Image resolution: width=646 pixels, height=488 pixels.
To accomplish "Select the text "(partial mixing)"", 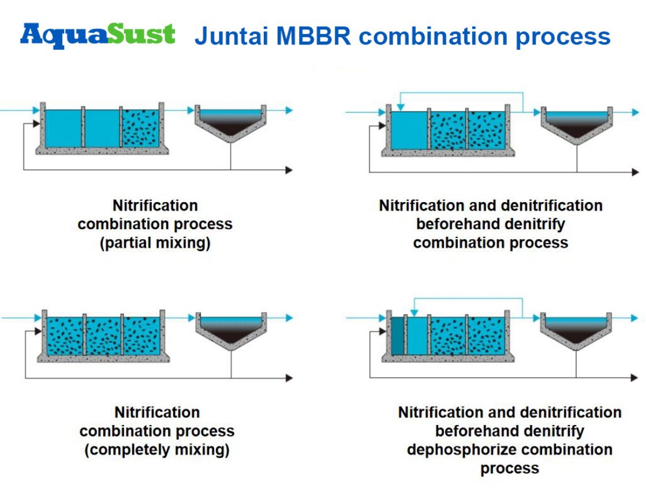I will point(155,243).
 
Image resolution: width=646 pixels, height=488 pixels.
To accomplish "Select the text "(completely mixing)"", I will point(157,449).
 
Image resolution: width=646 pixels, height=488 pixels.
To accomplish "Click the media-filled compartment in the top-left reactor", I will point(140,128).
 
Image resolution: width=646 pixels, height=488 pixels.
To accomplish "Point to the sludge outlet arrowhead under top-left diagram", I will point(289,170).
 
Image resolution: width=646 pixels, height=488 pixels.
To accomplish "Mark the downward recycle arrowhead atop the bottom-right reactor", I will point(412,312).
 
